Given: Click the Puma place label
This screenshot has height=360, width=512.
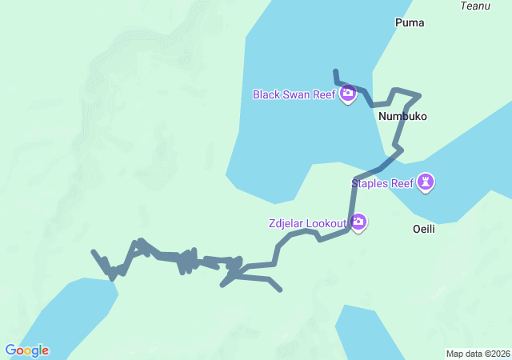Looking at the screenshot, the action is (x=410, y=22).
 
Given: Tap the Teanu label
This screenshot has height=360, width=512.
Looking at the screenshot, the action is (x=475, y=6).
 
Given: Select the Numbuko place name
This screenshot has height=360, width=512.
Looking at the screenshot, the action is (x=402, y=116).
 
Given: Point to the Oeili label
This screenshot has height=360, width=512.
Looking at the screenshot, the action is (x=424, y=228).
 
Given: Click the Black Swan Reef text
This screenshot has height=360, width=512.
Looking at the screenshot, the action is (x=294, y=94).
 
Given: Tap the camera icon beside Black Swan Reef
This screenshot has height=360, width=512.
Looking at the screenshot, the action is (x=348, y=94).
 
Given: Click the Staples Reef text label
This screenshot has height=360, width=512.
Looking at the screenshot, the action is (x=382, y=183).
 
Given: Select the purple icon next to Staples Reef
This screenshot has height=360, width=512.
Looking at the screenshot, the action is (x=427, y=183).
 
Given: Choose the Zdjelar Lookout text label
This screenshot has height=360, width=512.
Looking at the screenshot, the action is (x=307, y=222).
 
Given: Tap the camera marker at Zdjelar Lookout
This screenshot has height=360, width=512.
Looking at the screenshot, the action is (x=358, y=222).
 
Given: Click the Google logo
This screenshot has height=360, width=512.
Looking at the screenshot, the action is (x=26, y=350).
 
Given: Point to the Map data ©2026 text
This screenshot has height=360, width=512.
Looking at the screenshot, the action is (x=477, y=354).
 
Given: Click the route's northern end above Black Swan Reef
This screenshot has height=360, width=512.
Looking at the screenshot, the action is (x=336, y=71).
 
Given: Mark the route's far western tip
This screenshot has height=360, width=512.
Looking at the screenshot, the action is (x=94, y=252).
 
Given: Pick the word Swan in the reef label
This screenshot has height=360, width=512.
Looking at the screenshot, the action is (x=296, y=94).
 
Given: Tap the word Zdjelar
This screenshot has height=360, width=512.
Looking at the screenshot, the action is (x=287, y=222).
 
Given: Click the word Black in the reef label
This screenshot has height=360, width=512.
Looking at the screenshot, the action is (x=266, y=94).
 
